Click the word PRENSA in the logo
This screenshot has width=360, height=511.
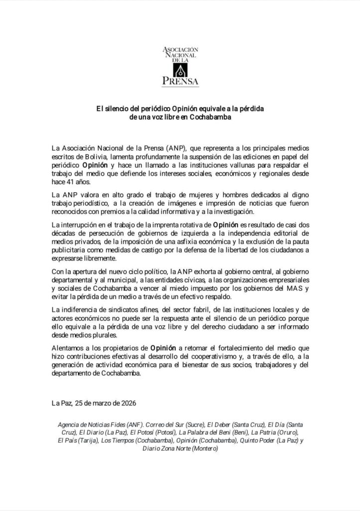click(180, 80)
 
